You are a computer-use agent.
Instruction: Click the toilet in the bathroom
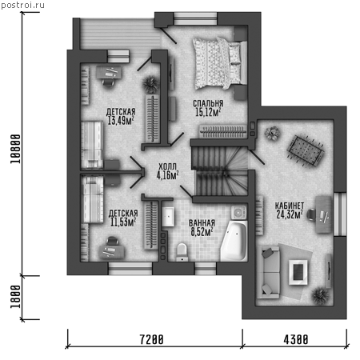(x=182, y=252)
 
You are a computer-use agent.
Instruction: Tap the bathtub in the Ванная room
(x=234, y=241)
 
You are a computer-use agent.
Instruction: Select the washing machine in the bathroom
(x=238, y=213)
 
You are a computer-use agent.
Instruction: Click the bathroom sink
(x=168, y=217)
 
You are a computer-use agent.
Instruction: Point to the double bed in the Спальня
(x=220, y=63)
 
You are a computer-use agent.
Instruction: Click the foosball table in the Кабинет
(x=306, y=151)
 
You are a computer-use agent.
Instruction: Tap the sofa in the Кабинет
(x=268, y=272)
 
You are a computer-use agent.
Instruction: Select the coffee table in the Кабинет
(x=298, y=272)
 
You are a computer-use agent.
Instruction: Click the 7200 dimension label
(x=151, y=340)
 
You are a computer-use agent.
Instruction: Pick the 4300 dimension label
(x=296, y=340)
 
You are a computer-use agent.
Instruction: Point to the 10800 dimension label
(x=15, y=149)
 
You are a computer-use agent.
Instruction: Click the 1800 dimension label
(x=15, y=297)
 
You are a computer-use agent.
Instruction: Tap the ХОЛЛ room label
(x=167, y=166)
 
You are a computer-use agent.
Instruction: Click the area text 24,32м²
(x=290, y=214)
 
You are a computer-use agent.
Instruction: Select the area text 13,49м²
(x=121, y=120)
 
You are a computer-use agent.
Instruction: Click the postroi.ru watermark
(x=23, y=6)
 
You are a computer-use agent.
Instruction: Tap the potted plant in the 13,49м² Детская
(x=151, y=84)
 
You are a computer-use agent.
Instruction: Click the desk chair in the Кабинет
(x=311, y=214)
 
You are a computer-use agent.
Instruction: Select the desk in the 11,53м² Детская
(x=112, y=252)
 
